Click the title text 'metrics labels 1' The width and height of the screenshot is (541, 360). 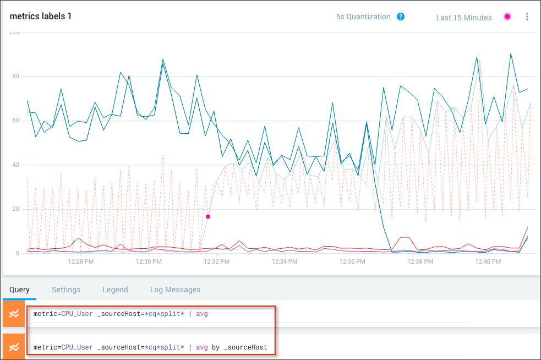(41, 17)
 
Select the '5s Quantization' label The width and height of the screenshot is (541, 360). (363, 17)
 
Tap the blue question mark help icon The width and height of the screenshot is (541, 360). (401, 17)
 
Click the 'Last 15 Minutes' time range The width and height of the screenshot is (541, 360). (463, 18)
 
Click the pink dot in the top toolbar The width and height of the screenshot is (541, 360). (507, 17)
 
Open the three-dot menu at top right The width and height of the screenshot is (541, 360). (527, 17)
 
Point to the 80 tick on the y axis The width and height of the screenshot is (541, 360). (16, 77)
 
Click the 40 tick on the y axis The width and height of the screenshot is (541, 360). (16, 165)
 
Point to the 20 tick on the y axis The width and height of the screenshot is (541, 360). (16, 209)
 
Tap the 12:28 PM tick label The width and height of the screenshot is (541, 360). (81, 262)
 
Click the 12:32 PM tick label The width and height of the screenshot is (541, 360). (217, 262)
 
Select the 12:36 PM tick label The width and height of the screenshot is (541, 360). (352, 262)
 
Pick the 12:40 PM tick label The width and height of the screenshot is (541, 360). (488, 262)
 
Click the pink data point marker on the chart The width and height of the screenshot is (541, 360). (208, 216)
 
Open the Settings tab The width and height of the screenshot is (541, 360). (66, 290)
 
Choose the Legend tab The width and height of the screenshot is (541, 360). (115, 290)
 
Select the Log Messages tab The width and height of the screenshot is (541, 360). (175, 290)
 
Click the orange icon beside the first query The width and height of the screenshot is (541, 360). (14, 313)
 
